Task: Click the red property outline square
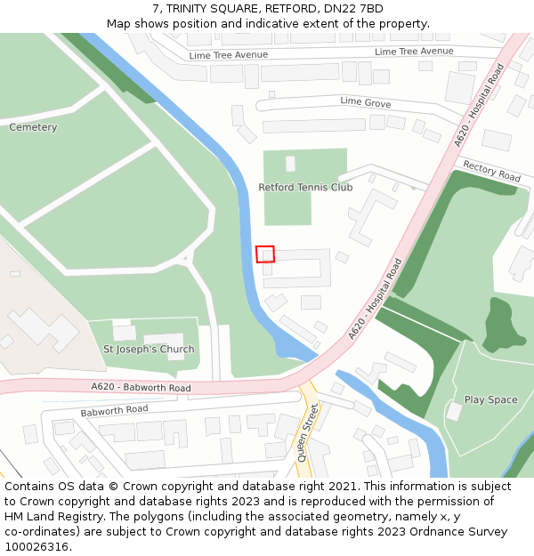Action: pos(265,254)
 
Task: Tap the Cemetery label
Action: pos(33,127)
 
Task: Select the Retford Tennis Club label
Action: pos(305,188)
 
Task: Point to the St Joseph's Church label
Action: pos(149,349)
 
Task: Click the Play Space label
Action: pos(490,399)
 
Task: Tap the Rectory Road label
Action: pos(492,172)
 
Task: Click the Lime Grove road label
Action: pos(365,102)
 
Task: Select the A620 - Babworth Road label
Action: pos(141,387)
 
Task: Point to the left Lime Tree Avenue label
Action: pos(228,55)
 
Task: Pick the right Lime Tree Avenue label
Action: pos(414,52)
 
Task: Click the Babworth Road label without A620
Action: pos(114,411)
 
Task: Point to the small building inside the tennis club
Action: pos(290,164)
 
